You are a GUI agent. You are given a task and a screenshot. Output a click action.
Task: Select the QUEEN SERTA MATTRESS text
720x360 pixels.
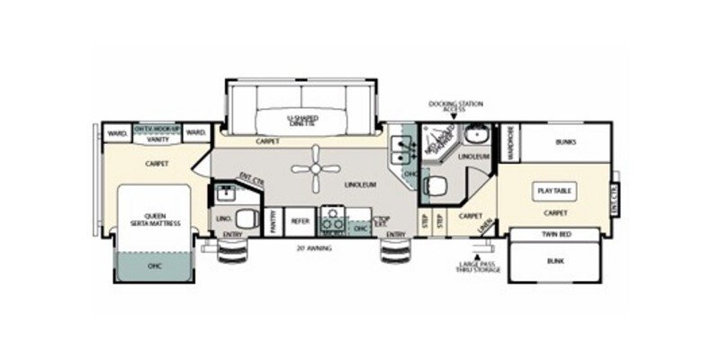(150, 219)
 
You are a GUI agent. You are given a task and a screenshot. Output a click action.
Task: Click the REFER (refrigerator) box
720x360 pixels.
(300, 219)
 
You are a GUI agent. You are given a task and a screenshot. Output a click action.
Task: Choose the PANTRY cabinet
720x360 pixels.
(273, 220)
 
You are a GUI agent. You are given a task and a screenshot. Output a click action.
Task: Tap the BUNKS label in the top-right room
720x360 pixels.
(566, 141)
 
